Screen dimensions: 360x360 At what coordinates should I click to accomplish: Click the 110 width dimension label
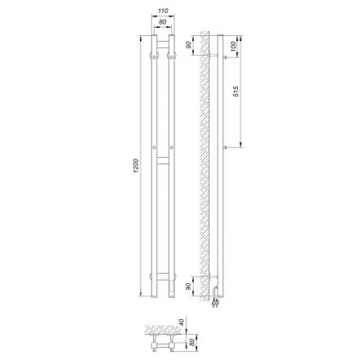(163, 11)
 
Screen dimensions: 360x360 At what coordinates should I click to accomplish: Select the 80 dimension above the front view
(163, 22)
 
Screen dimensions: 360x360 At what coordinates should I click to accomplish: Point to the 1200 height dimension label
(137, 165)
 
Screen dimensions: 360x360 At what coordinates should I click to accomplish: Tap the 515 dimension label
(236, 92)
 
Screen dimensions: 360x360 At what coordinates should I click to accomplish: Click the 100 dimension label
(233, 47)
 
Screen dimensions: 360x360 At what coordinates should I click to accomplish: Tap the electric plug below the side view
(216, 302)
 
